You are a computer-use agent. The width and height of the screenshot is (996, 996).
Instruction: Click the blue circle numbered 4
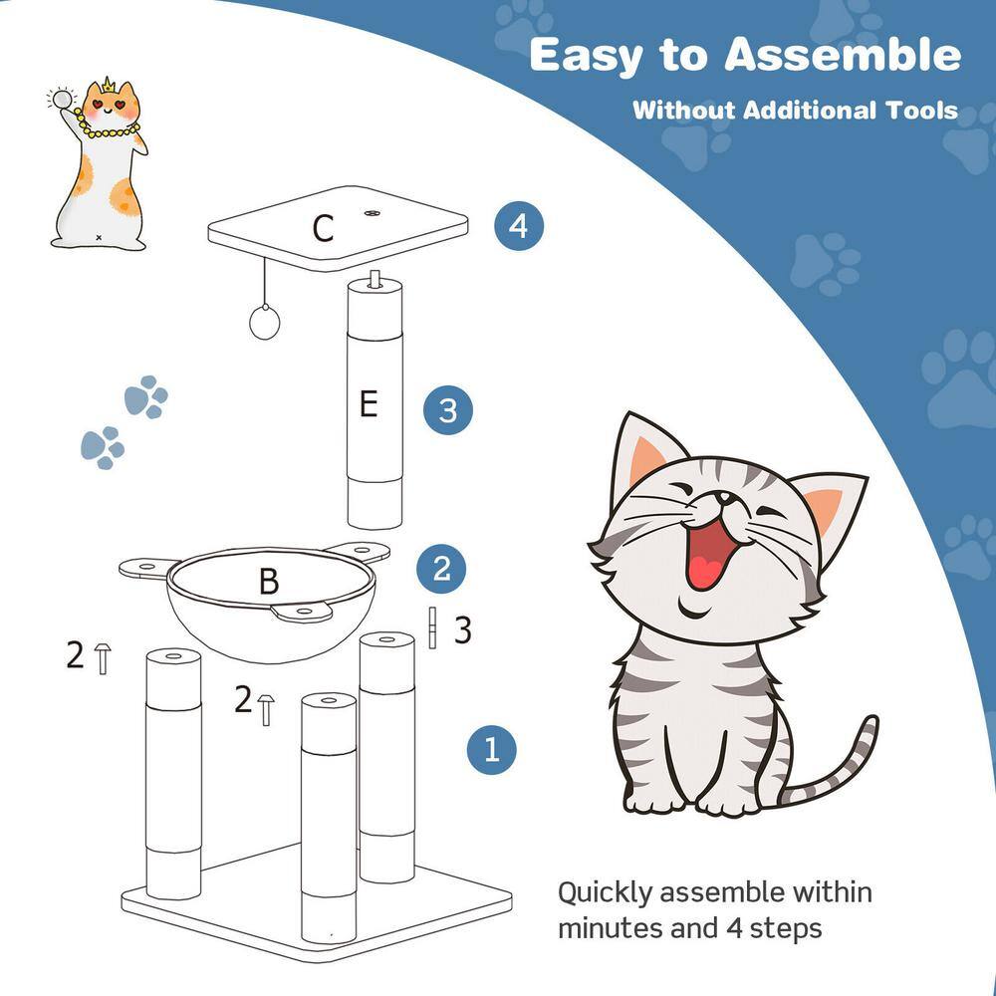(519, 226)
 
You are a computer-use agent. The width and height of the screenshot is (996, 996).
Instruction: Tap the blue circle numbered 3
(447, 409)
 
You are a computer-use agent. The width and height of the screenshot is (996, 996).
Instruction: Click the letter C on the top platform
(322, 228)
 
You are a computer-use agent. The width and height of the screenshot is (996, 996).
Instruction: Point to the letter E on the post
(369, 405)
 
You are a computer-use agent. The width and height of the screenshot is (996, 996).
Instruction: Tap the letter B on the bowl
(269, 582)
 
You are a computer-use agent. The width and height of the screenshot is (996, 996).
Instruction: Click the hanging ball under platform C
(265, 321)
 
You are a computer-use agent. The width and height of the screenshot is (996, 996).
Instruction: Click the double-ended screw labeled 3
(433, 627)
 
